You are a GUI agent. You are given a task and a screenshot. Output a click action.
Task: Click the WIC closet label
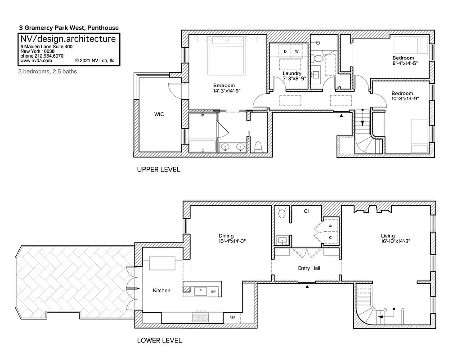159,114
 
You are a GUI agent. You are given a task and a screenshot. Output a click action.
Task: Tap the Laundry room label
292,73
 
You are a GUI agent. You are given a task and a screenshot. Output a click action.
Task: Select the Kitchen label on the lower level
161,290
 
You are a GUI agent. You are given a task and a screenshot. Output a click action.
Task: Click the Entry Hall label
309,268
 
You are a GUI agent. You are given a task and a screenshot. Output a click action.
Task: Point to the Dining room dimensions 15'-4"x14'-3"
232,241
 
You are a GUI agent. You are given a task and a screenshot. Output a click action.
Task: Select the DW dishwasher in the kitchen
213,292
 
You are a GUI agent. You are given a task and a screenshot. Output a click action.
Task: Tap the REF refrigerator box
232,317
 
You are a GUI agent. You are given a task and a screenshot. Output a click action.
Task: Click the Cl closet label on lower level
306,211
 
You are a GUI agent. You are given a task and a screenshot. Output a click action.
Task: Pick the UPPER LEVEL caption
158,170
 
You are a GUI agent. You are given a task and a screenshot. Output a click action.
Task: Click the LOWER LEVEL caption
159,341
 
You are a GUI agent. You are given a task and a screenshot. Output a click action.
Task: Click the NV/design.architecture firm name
67,39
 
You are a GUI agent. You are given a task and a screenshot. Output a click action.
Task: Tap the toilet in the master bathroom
258,146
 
